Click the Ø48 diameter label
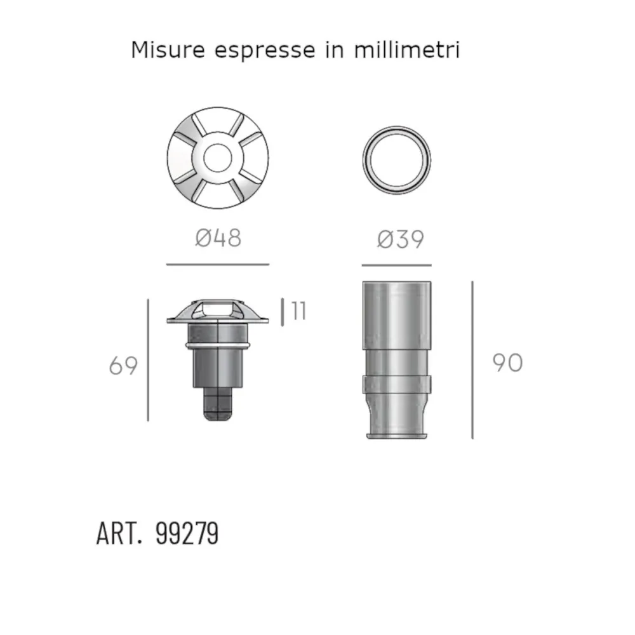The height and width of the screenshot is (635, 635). (218, 238)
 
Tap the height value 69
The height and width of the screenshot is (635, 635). (123, 366)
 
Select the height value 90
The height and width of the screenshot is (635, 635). (507, 363)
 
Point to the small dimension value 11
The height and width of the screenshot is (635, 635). (298, 311)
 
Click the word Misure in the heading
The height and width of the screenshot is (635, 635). (168, 50)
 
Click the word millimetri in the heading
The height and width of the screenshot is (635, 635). (406, 50)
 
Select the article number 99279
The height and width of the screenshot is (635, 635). (187, 533)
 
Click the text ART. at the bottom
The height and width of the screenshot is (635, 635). (118, 533)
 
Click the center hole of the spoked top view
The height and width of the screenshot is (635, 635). (218, 156)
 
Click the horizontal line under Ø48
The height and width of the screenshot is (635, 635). (218, 264)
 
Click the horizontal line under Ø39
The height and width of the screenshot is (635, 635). (396, 265)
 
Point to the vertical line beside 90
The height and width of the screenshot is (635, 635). (472, 360)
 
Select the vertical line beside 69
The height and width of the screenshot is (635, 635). (148, 360)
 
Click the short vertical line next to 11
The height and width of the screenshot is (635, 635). (283, 311)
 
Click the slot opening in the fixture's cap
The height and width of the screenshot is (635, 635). (218, 309)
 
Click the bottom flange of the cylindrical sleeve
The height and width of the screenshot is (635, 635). (396, 435)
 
